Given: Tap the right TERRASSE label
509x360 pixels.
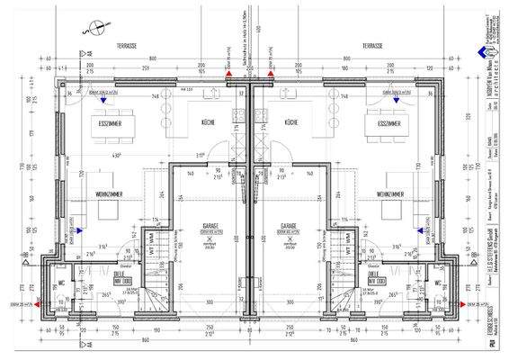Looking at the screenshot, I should pyautogui.click(x=373, y=45).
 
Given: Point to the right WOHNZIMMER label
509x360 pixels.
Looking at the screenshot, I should pyautogui.click(x=394, y=193).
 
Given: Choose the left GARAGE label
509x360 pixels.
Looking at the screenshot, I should pyautogui.click(x=208, y=227).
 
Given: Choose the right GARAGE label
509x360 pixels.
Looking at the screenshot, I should pyautogui.click(x=289, y=227).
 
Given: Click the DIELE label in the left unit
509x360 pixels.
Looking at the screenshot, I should pyautogui.click(x=121, y=275).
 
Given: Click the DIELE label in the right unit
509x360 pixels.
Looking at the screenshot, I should pyautogui.click(x=375, y=275).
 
